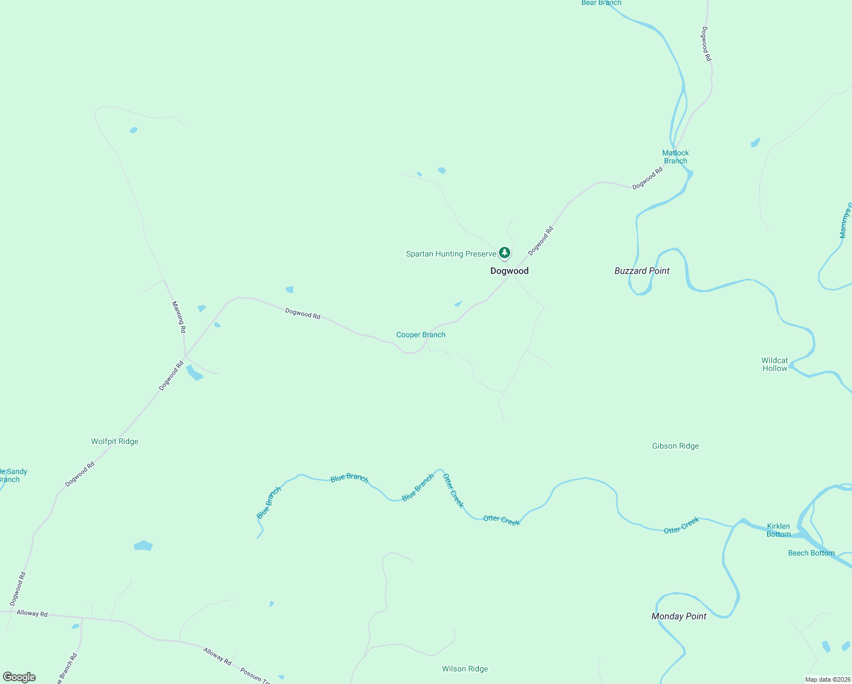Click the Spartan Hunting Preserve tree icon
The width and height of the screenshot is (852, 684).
tap(504, 253)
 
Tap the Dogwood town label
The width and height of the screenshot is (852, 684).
tap(509, 271)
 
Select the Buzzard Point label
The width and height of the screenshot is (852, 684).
tap(642, 271)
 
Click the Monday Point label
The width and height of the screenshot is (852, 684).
tap(678, 616)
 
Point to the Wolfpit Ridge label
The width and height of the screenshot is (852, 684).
tap(114, 442)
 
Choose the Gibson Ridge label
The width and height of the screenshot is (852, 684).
tap(675, 446)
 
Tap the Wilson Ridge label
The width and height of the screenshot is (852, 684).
tap(465, 669)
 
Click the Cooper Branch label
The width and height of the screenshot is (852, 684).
tap(420, 335)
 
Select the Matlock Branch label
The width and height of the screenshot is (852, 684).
tap(675, 157)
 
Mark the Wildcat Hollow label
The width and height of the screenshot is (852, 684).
tap(775, 365)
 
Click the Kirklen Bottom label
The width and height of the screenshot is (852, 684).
tap(779, 530)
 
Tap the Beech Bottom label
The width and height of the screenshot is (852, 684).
tap(811, 553)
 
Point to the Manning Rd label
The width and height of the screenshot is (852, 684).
tap(179, 317)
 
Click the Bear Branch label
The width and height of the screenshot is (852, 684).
tap(601, 3)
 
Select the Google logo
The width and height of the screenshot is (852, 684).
tap(19, 677)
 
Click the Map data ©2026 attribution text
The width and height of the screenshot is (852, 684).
tap(828, 679)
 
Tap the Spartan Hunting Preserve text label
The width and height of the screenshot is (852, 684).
tap(450, 254)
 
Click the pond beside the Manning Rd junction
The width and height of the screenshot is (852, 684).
tap(194, 373)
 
